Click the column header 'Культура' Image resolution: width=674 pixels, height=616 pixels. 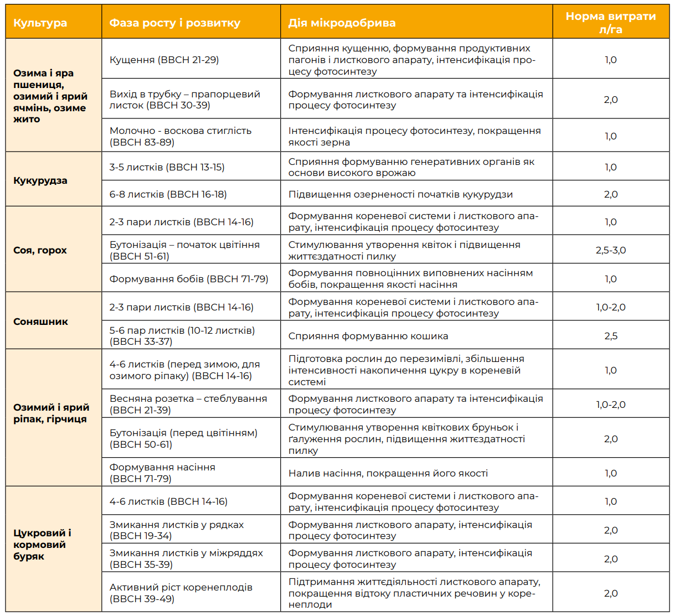click(40, 23)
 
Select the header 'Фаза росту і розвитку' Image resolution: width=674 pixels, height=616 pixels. click(174, 23)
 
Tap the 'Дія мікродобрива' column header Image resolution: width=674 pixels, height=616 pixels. click(342, 23)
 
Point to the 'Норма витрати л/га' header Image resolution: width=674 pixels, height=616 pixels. click(610, 23)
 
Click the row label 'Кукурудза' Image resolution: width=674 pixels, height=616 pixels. click(40, 180)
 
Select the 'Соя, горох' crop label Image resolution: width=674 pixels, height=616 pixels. click(40, 250)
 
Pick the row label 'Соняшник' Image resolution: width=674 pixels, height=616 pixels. click(40, 322)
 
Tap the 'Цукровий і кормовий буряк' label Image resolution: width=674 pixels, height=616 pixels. click(42, 545)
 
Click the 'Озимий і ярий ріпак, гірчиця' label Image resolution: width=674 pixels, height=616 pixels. click(51, 413)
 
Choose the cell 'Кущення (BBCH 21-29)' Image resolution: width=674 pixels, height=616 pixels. click(164, 60)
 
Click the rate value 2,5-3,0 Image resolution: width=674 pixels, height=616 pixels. click(610, 250)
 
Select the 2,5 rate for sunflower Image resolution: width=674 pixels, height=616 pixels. click(610, 336)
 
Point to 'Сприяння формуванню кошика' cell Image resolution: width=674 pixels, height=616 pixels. click(368, 336)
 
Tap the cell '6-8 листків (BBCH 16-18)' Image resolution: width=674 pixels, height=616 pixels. click(168, 194)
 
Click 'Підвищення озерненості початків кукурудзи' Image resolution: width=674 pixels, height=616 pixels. click(400, 194)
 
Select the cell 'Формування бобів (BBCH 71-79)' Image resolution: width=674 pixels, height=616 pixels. click(189, 279)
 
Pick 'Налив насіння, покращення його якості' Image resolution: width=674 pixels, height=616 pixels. click(388, 473)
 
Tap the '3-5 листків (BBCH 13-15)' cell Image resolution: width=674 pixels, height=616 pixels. click(167, 167)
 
